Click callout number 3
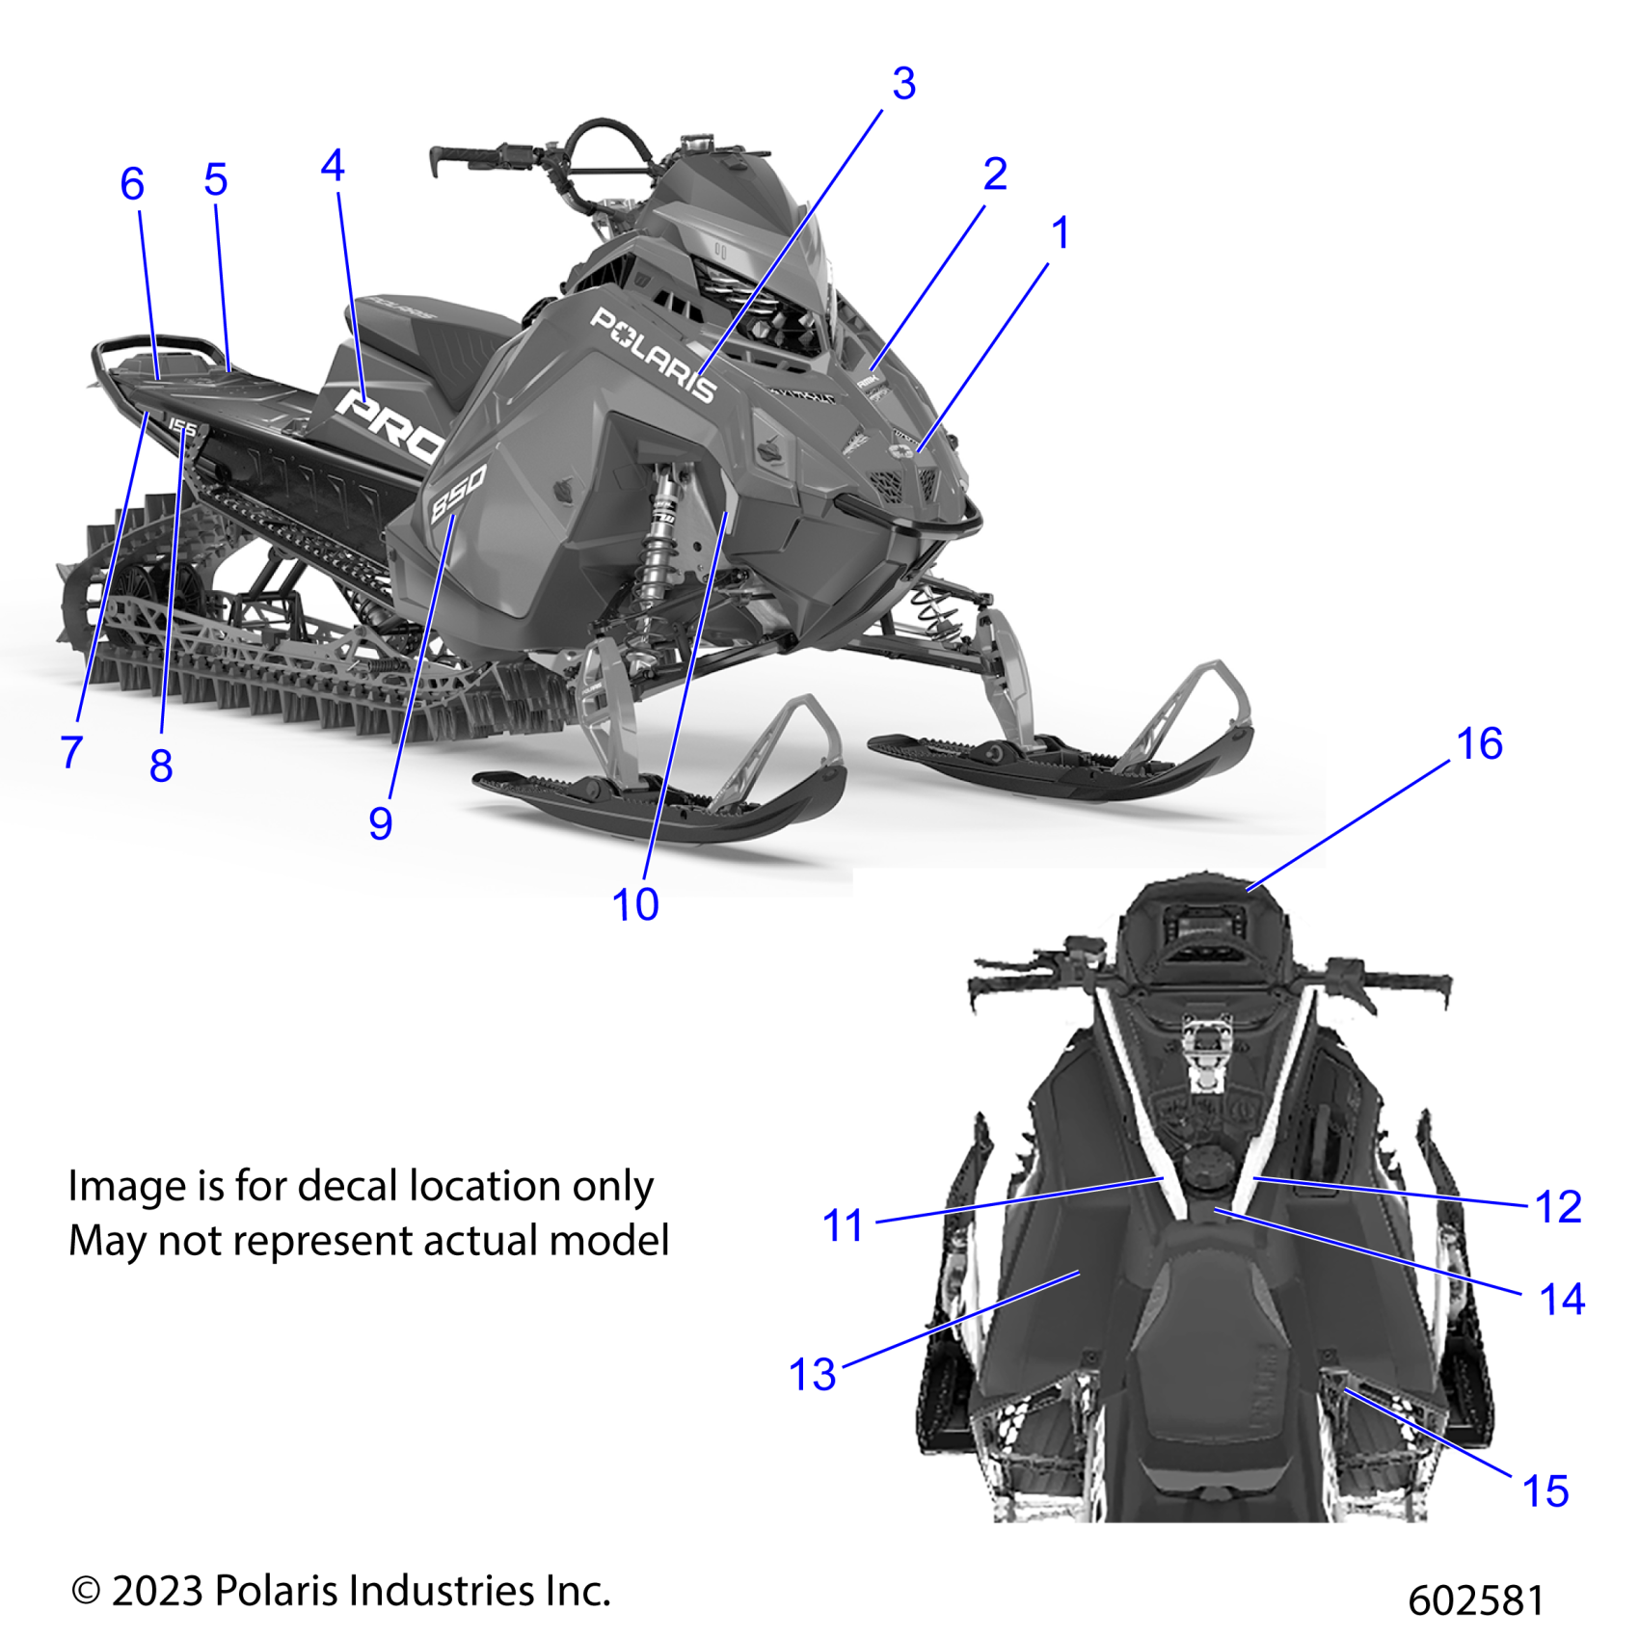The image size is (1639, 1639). (903, 84)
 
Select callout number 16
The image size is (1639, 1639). (1479, 744)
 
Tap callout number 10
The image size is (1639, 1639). (635, 905)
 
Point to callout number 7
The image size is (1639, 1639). (71, 752)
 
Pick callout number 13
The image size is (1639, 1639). (812, 1375)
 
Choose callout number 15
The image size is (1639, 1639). (1545, 1491)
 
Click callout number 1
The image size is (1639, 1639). (1061, 233)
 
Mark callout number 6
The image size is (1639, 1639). (132, 184)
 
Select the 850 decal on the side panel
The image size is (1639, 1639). (457, 493)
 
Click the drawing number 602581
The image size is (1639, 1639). (1475, 1601)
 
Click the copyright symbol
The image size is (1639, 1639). (86, 1592)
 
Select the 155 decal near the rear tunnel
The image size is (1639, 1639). (182, 427)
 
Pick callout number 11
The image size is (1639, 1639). (843, 1226)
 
